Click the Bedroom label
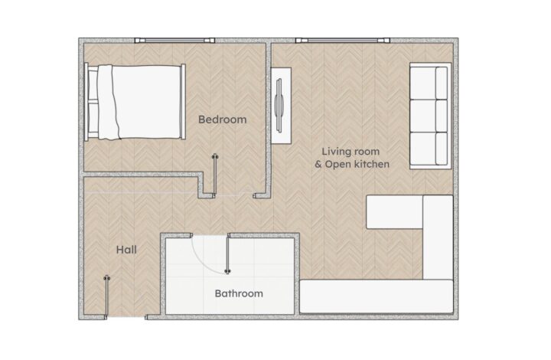223,119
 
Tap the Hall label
126,250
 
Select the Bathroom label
239,293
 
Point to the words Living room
350,152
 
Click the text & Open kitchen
352,164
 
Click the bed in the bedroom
135,102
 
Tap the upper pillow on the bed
93,85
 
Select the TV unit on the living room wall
281,106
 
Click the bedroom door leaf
215,175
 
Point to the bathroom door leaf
228,254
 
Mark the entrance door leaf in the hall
106,297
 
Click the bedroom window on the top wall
174,41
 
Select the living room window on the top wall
343,41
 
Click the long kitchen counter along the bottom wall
377,296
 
